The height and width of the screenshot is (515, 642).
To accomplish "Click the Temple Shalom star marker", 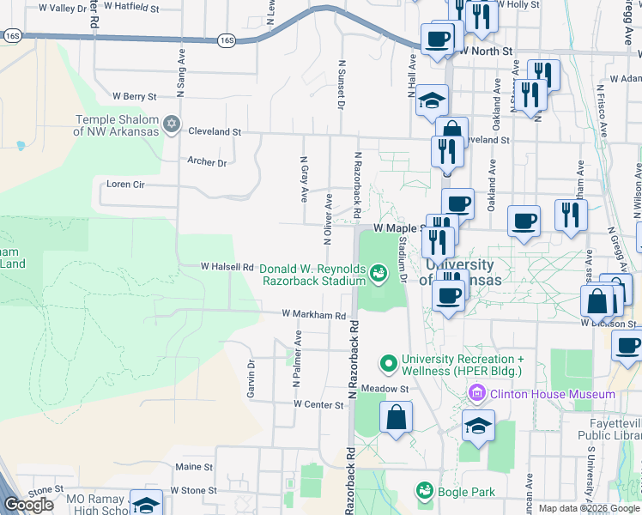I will coord(172,125).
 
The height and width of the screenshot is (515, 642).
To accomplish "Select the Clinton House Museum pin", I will coord(476,394).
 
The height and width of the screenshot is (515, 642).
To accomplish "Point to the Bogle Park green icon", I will coord(424,491).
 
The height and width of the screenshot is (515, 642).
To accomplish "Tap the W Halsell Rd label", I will coord(227,267).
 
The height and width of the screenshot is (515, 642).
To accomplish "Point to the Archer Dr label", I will coord(207,161).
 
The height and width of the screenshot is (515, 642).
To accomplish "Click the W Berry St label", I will coord(135,97).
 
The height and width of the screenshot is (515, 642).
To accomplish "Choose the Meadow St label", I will coord(384,388).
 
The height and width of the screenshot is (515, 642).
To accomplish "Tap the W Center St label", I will coord(318,403).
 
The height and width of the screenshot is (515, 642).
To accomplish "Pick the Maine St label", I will coord(195,467).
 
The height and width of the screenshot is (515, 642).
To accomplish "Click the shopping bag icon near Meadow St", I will coord(396,418).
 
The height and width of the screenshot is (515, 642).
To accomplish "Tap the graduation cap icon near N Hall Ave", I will coord(433,100).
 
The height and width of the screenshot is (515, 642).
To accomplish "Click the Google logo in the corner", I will coord(28,505).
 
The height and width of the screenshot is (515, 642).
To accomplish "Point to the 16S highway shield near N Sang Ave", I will coord(226,39).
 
